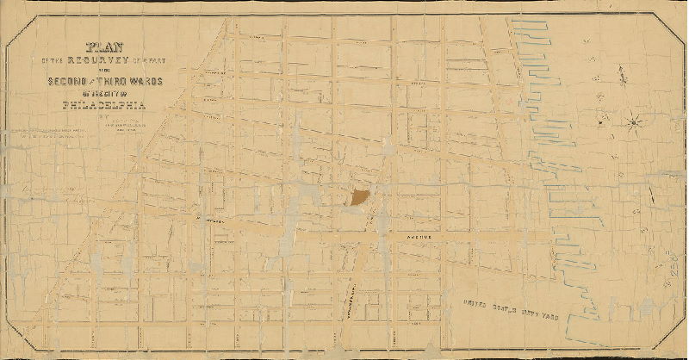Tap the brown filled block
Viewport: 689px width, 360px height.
point(360,197)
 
